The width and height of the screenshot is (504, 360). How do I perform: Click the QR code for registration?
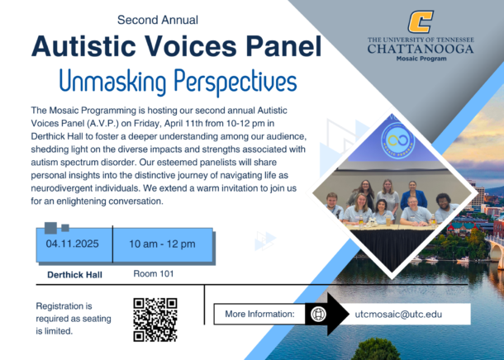pos(155,320)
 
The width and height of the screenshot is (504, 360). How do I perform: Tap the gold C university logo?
pos(421,21)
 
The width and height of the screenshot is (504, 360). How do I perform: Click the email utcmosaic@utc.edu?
pos(398,314)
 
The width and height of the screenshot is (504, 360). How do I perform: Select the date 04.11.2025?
pos(73,244)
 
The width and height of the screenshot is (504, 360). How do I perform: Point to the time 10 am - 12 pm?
pos(162,244)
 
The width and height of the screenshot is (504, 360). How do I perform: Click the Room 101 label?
pos(154,273)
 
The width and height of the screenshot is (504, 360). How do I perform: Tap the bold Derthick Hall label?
pos(74,275)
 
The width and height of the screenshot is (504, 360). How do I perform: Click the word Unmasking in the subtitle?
pos(112,82)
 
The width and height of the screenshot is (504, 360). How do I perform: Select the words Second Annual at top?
pos(158,20)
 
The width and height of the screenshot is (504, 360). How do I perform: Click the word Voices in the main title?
pos(192,46)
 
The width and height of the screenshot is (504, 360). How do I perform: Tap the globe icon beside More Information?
pos(319,314)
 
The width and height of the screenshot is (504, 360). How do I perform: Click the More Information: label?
pos(259,314)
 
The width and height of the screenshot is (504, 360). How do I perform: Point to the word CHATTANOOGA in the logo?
pos(421,49)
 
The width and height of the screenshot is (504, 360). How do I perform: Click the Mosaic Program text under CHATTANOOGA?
pos(421,59)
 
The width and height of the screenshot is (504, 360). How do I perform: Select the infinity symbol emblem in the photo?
pos(398,140)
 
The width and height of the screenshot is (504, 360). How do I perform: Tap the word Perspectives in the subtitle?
pos(235,82)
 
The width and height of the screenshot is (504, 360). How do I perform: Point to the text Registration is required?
pos(74,312)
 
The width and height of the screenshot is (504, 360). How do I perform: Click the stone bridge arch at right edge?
pos(496,249)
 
